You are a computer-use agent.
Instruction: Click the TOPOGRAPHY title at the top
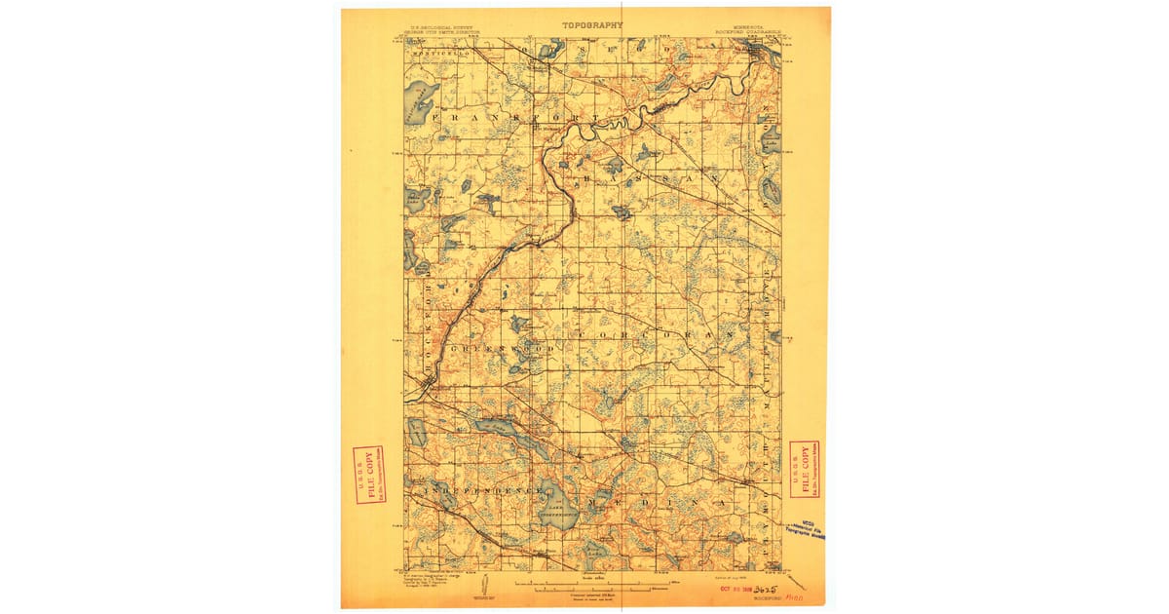[x=592, y=24]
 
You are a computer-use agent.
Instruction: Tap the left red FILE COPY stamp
[x=368, y=476]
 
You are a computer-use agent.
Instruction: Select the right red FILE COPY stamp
[x=804, y=469]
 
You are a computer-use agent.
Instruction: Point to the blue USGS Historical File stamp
[x=808, y=530]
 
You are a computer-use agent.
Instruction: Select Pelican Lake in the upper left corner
[x=420, y=96]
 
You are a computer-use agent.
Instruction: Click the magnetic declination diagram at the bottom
[x=477, y=586]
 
